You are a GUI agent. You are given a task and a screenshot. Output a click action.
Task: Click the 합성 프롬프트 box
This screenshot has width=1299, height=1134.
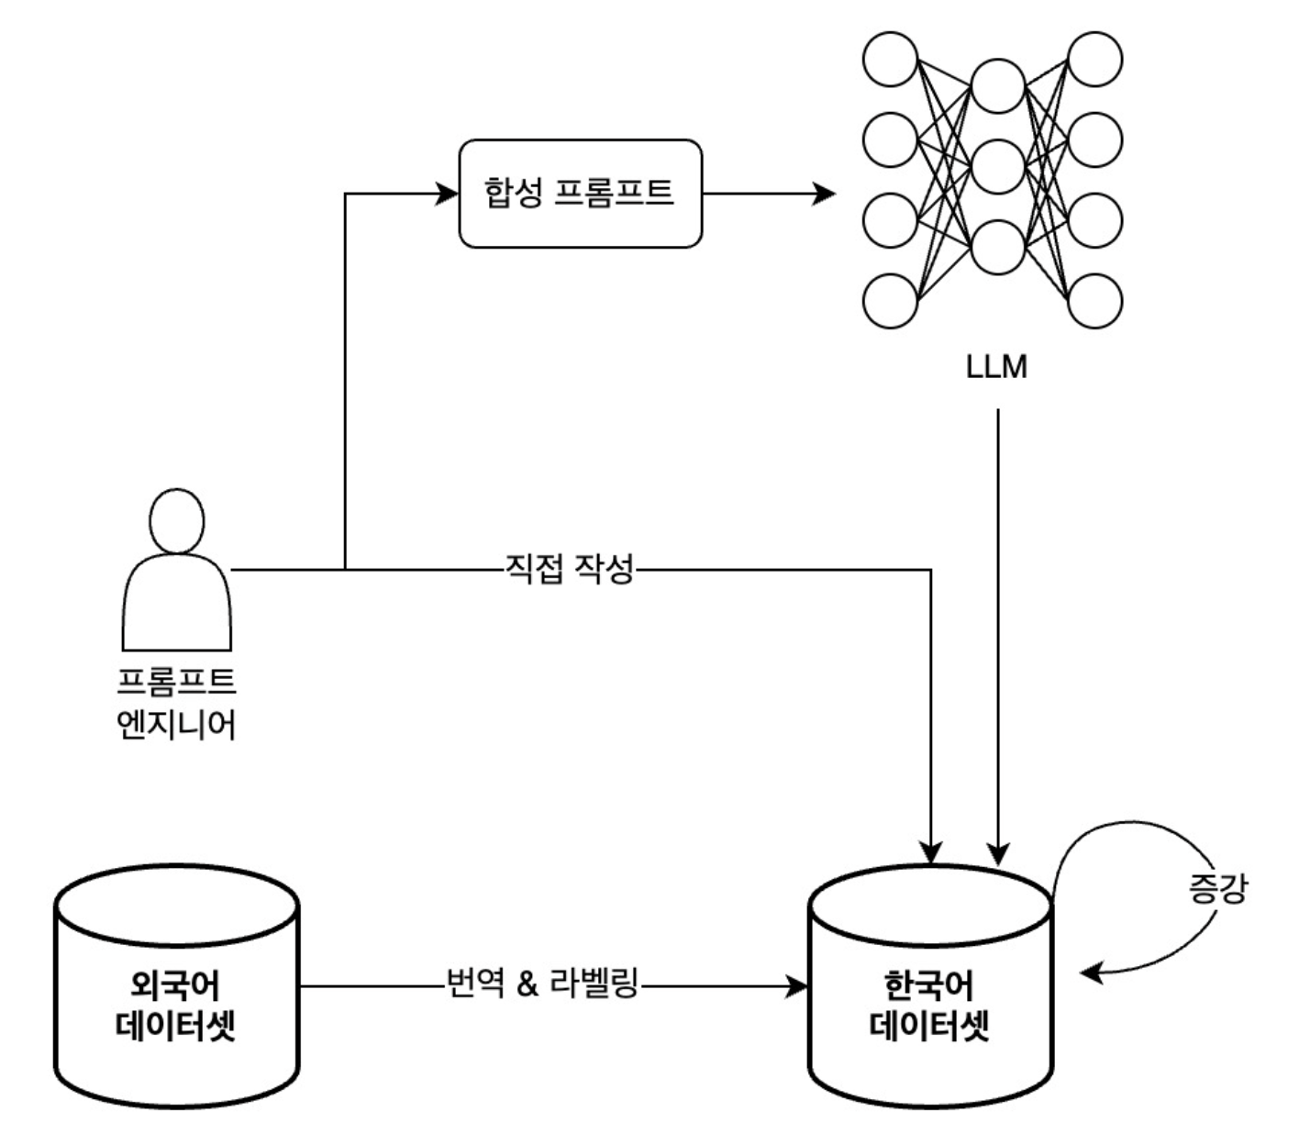click(580, 194)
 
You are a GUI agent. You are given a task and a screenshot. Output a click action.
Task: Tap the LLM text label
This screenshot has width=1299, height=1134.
click(996, 367)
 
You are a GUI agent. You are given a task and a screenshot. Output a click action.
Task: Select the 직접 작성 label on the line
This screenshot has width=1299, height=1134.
click(569, 569)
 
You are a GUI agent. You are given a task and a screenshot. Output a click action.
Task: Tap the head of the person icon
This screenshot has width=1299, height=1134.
click(176, 520)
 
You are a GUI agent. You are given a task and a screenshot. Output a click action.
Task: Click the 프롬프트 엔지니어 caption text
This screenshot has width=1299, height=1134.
click(176, 703)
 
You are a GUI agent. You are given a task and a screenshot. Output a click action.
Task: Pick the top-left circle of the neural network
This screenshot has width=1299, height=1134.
click(890, 60)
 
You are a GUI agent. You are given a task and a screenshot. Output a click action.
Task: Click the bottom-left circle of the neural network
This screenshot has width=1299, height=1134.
click(890, 300)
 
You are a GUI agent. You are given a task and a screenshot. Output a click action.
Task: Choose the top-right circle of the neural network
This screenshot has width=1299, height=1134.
click(1095, 60)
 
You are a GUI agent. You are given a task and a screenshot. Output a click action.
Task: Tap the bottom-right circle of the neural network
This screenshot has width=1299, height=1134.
click(1095, 300)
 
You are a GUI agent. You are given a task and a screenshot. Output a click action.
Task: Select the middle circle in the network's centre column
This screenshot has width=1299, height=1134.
click(998, 167)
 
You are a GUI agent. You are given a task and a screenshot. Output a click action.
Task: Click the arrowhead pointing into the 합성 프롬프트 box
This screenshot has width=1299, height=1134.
click(448, 194)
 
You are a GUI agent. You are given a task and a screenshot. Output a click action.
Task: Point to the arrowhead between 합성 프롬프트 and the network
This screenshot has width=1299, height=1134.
click(825, 194)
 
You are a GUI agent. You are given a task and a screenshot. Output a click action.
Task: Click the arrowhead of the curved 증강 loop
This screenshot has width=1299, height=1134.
click(1090, 973)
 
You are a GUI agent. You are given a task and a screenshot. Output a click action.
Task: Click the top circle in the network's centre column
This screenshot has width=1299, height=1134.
click(998, 85)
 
